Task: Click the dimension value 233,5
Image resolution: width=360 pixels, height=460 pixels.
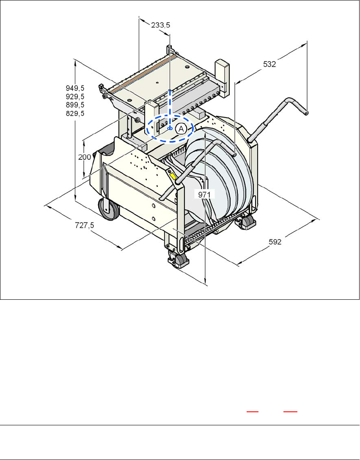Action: pyautogui.click(x=161, y=25)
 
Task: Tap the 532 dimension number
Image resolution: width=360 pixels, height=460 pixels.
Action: pyautogui.click(x=269, y=64)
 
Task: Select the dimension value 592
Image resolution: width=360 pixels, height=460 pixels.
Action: pyautogui.click(x=275, y=242)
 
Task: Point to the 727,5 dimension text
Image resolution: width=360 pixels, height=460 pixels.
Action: pyautogui.click(x=85, y=225)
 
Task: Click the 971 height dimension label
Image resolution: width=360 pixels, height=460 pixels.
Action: pyautogui.click(x=204, y=194)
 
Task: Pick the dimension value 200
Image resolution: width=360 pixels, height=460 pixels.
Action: pyautogui.click(x=85, y=157)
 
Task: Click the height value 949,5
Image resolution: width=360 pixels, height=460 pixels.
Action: pyautogui.click(x=75, y=88)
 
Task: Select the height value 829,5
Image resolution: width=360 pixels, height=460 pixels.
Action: pyautogui.click(x=75, y=113)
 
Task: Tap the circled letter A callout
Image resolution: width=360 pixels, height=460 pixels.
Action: pyautogui.click(x=181, y=129)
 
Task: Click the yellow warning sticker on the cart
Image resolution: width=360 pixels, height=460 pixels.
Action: pyautogui.click(x=173, y=176)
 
